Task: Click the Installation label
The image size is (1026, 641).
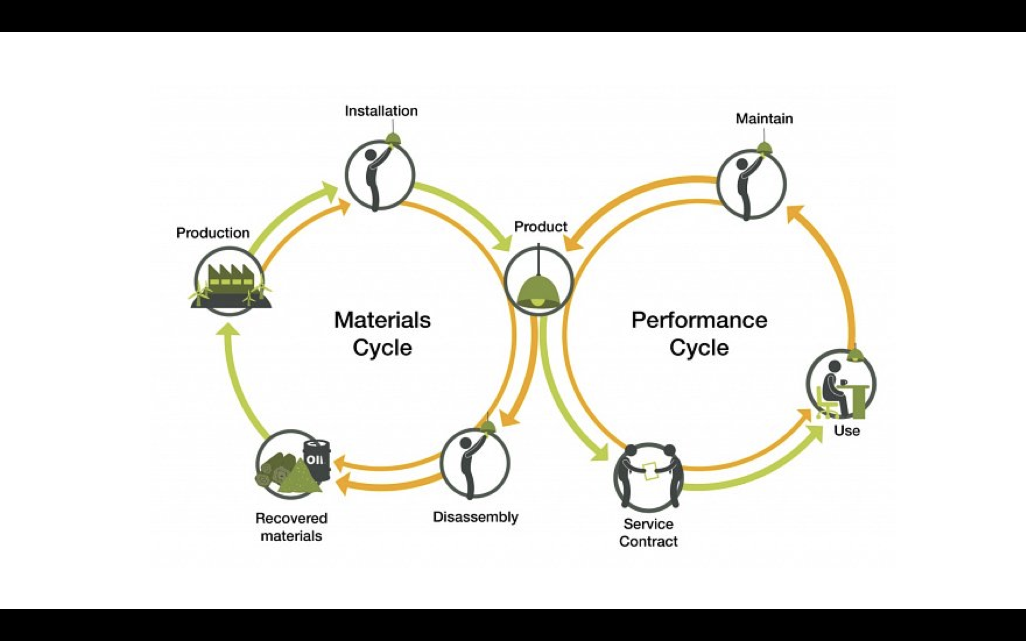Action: point(381,111)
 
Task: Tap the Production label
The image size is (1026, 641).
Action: point(213,233)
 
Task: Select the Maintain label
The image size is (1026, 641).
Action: point(764,119)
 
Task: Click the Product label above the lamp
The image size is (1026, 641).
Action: point(540,227)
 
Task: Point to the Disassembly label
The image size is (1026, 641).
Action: point(475,517)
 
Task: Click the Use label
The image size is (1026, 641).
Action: point(847,431)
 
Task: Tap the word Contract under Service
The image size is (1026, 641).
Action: point(648,541)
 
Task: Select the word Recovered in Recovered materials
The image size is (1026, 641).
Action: point(291,518)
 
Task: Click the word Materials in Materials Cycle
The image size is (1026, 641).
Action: point(382,320)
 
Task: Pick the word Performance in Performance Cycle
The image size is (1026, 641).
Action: point(699,320)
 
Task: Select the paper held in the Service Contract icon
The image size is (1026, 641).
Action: point(649,470)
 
